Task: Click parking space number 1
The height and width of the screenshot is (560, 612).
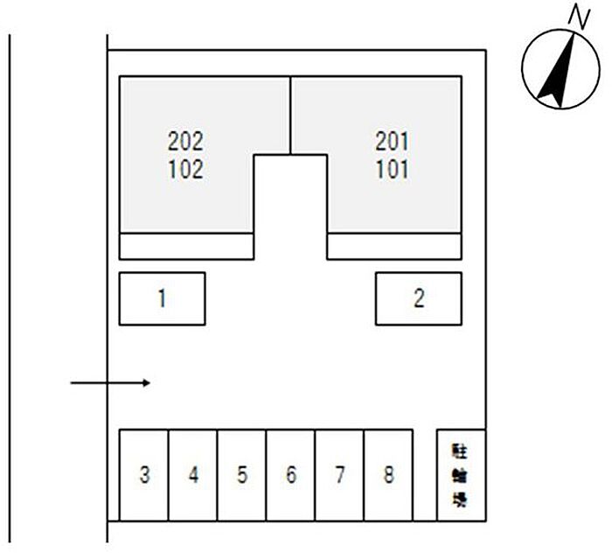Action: click(162, 299)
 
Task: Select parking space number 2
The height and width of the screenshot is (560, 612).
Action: click(418, 299)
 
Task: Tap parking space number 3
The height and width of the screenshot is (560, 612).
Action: click(144, 475)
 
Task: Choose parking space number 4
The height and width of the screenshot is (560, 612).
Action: click(193, 475)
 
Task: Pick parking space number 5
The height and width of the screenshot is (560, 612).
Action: click(242, 475)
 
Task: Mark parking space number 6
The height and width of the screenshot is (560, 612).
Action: click(290, 475)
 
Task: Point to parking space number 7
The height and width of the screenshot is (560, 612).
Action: click(339, 475)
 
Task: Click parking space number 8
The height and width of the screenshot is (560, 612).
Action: click(388, 475)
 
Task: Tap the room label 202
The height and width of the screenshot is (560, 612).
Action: click(184, 141)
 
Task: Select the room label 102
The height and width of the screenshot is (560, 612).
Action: click(184, 168)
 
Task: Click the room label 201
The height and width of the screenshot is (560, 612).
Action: click(393, 141)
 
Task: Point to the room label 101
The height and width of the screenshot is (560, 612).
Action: click(393, 168)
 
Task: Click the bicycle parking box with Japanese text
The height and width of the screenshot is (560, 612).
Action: click(460, 475)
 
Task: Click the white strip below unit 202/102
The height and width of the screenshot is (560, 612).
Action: click(185, 246)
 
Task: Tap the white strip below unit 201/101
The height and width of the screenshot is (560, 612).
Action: click(394, 246)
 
